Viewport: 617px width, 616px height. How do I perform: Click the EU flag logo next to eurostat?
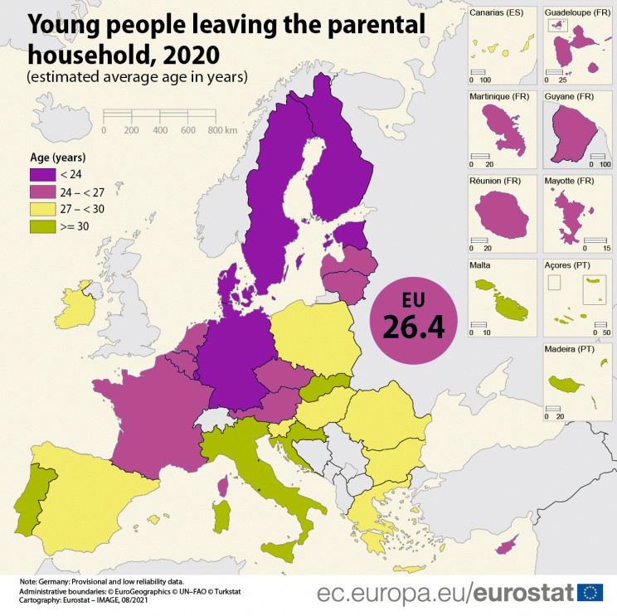pyautogui.click(x=590, y=592)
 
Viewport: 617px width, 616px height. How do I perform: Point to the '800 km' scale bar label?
pyautogui.click(x=221, y=131)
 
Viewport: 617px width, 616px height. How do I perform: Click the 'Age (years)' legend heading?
pyautogui.click(x=58, y=158)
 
